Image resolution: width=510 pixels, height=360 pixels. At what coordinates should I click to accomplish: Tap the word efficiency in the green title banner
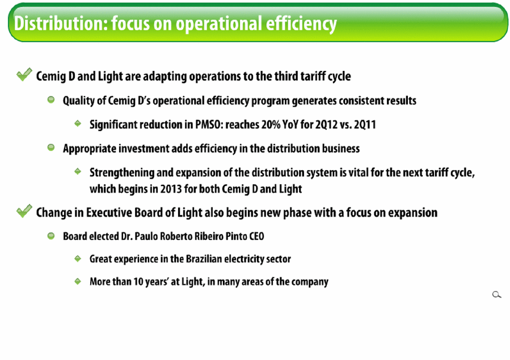click(301, 24)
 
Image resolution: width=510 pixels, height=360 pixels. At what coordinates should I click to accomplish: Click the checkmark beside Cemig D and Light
click(24, 74)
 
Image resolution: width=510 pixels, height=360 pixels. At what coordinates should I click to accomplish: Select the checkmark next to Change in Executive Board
click(24, 211)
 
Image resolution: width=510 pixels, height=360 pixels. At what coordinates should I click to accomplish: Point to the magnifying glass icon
click(496, 295)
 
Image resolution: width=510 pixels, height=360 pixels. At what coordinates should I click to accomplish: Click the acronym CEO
click(256, 236)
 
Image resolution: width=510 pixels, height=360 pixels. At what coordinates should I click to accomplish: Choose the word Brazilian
click(204, 259)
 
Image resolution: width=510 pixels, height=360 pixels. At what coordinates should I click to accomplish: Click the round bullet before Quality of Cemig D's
click(51, 99)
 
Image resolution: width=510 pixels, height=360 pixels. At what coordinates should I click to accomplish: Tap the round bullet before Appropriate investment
click(51, 147)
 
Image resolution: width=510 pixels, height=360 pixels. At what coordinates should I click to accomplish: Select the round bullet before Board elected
click(51, 236)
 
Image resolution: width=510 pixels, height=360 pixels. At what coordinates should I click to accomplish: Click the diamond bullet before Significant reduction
click(78, 124)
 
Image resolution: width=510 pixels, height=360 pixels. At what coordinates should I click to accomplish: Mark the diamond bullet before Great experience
click(78, 259)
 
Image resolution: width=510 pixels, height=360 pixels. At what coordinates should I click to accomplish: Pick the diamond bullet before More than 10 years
click(78, 281)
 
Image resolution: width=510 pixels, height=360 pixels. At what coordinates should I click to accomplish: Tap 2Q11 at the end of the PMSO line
click(365, 124)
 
